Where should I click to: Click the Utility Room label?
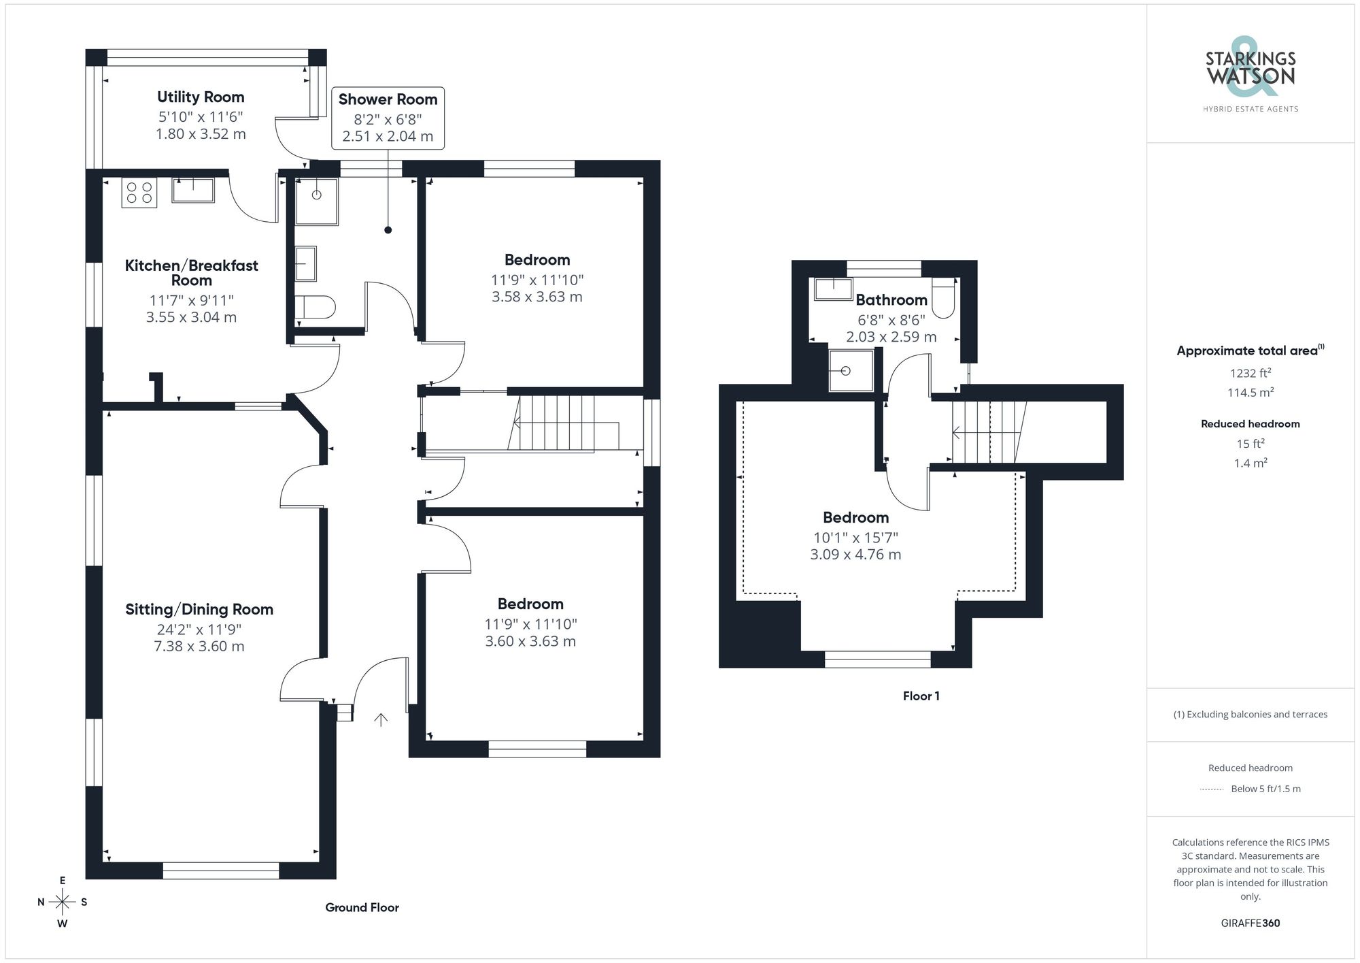coord(201,97)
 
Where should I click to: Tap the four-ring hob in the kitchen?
coord(139,193)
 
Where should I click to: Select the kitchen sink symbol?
coord(193,190)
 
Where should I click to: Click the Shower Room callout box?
coord(388,118)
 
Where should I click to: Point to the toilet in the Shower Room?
coord(316,307)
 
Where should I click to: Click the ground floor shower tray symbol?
coord(316,201)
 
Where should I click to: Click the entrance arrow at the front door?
coord(381,719)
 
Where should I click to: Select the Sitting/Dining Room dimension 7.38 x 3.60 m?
coord(199,647)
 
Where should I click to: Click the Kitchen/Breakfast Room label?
coord(192,272)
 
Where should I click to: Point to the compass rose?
coord(63,902)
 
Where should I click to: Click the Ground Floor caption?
coord(362,907)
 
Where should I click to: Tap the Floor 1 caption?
coord(921,696)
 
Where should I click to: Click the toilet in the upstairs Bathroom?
coord(943,301)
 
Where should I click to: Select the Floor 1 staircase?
coord(987,432)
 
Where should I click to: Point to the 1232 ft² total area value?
coord(1250,373)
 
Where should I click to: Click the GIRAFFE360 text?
coord(1250,923)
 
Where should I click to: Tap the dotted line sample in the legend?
coord(1212,789)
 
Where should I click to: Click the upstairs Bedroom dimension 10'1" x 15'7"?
coord(855,537)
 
